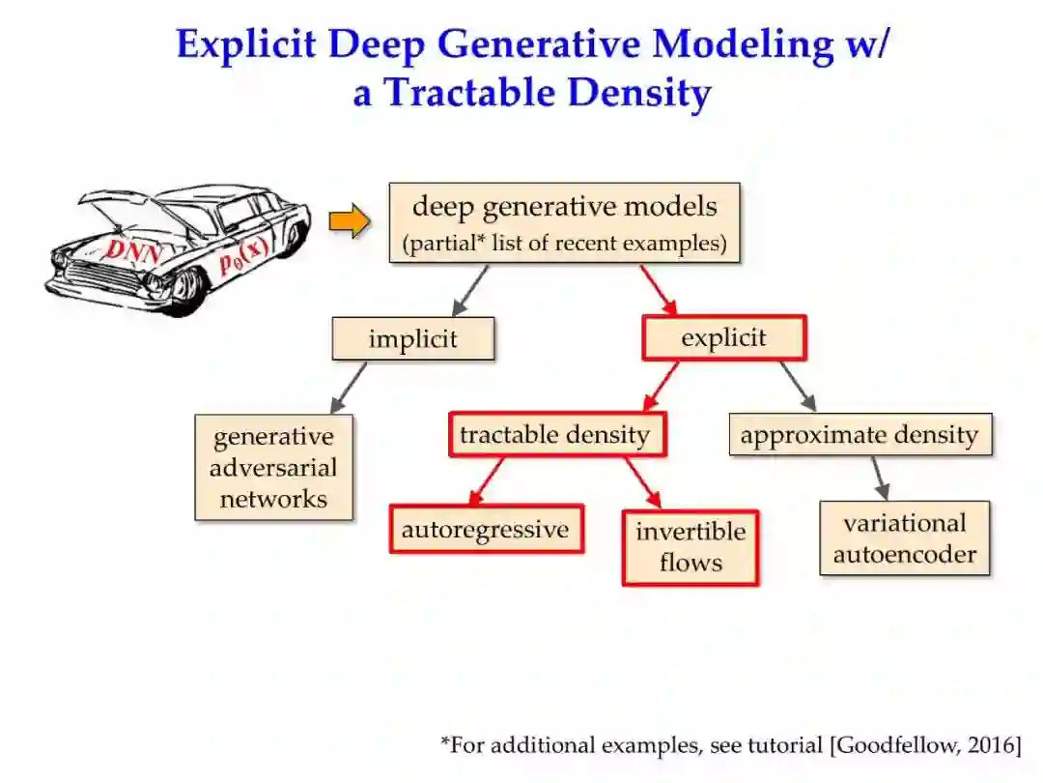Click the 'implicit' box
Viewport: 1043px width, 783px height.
coord(412,339)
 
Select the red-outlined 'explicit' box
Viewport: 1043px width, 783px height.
coord(723,338)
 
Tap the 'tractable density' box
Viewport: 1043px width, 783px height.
coord(555,435)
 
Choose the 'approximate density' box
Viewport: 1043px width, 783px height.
coord(859,435)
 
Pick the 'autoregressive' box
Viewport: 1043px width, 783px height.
coord(486,530)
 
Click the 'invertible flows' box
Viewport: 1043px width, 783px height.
coord(690,547)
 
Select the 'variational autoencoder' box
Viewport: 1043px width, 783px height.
coord(904,538)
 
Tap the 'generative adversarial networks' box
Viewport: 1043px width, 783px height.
coord(273,468)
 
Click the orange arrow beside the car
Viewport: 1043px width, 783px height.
coord(349,222)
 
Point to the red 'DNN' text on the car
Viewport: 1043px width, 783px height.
coord(133,249)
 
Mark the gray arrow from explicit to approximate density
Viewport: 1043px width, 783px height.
coord(798,386)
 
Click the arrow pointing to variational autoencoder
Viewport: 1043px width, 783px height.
coord(879,478)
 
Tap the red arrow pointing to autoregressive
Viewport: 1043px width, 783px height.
coord(487,480)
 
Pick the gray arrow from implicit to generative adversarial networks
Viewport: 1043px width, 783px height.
coord(350,387)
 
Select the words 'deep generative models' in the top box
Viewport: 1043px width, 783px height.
coord(565,206)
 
